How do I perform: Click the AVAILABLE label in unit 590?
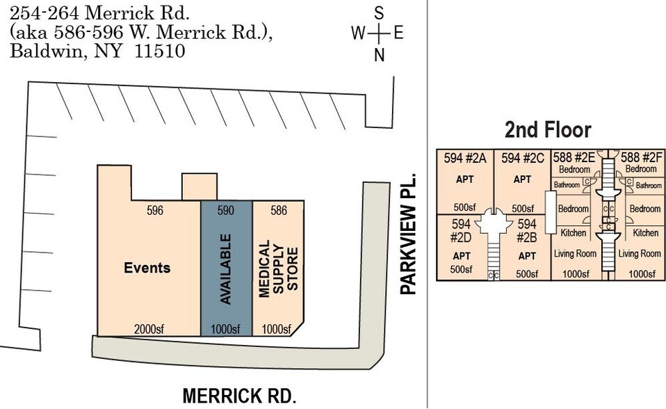click(x=226, y=268)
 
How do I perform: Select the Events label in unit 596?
click(x=147, y=268)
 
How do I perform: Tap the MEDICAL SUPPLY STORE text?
click(x=278, y=270)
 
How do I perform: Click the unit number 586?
click(x=278, y=211)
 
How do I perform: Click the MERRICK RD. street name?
click(x=239, y=396)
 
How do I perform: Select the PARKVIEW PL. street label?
click(x=408, y=234)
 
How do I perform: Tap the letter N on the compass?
click(x=379, y=56)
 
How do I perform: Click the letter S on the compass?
click(x=379, y=12)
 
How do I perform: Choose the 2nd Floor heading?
click(x=547, y=129)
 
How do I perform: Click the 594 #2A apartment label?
click(x=464, y=157)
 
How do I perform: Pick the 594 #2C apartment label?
click(x=522, y=157)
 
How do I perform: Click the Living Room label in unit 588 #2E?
click(x=575, y=254)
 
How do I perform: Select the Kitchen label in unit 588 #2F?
click(x=645, y=233)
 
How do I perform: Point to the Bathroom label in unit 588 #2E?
click(x=567, y=185)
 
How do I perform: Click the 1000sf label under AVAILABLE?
click(x=226, y=329)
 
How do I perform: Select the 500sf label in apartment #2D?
click(x=461, y=270)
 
